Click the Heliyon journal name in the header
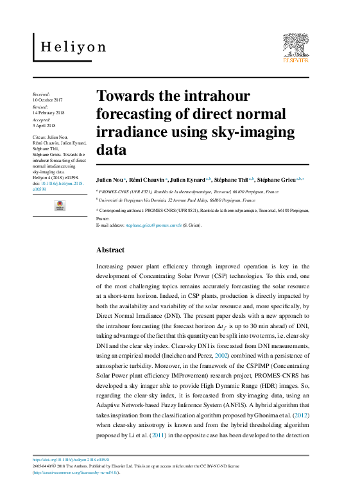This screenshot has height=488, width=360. (73, 47)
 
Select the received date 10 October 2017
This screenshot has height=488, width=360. (47, 100)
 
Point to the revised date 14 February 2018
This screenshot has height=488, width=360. (47, 113)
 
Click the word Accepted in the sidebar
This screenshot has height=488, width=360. (42, 119)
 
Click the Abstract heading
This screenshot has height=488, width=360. (110, 250)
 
